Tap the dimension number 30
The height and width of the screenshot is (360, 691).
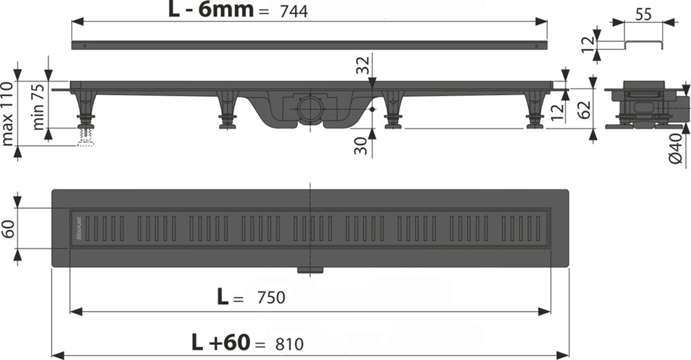pos(360,145)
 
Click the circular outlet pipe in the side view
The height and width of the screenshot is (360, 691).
pos(307,108)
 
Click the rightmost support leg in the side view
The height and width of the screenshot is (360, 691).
pos(534,109)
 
